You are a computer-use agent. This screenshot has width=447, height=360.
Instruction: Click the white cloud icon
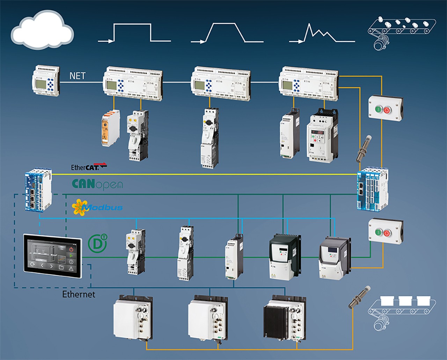[42, 30]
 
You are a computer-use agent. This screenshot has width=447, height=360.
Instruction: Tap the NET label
[77, 76]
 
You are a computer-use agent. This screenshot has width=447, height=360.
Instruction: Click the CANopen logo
[97, 184]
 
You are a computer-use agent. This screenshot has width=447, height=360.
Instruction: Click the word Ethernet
[79, 294]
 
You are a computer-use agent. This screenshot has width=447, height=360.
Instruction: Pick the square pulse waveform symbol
[134, 33]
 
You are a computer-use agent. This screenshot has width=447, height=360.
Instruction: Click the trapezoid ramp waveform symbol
[227, 33]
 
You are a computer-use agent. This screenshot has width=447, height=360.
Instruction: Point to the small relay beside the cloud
[46, 81]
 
